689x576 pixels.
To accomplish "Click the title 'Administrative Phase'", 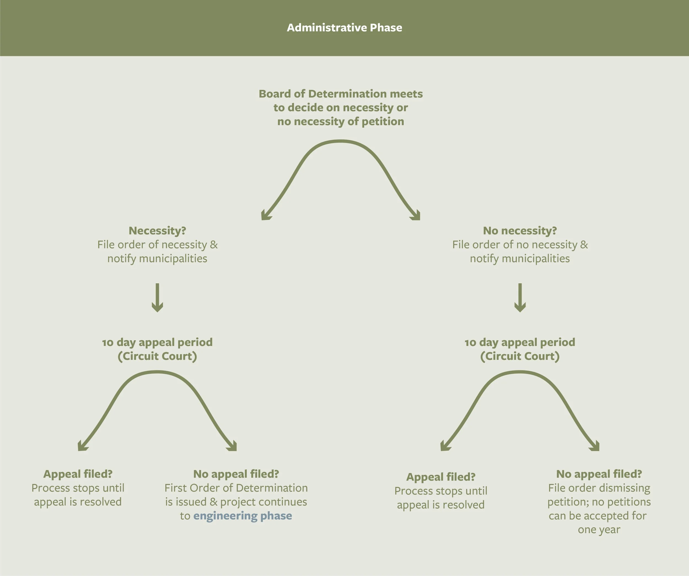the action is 344,28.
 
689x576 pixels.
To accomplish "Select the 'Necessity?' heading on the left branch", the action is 157,231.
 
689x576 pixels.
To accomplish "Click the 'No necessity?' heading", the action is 520,231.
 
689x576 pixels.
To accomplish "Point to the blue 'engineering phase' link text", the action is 243,516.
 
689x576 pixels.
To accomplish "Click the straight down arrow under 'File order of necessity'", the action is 157,297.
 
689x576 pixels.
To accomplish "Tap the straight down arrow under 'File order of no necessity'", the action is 520,297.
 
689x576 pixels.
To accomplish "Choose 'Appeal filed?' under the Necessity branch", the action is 78,474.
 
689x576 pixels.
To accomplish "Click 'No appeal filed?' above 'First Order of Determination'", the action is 236,474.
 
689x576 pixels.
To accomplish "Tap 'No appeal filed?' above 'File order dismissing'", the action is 599,474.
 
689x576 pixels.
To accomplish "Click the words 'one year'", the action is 599,529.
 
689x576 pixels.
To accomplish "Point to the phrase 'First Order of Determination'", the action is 236,488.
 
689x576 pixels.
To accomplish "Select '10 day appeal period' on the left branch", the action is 157,342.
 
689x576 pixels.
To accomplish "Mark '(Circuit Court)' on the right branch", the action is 520,356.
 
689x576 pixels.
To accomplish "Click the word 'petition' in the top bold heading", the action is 383,121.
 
